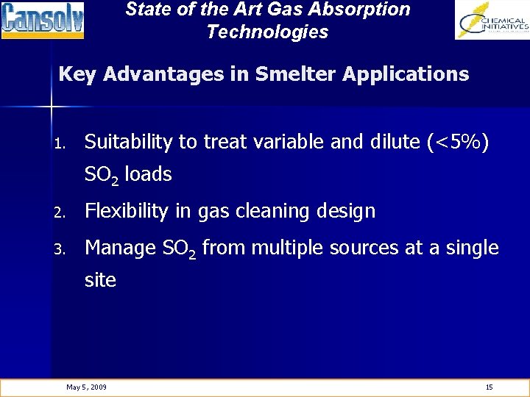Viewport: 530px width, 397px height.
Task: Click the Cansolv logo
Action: click(43, 20)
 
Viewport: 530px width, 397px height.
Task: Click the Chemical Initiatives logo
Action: click(492, 20)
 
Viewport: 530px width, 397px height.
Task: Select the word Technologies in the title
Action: click(267, 32)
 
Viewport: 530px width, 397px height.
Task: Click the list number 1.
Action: click(64, 143)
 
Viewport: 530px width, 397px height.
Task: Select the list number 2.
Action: click(64, 212)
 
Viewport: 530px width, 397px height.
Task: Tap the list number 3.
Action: click(64, 249)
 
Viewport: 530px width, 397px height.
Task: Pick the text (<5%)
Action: click(457, 141)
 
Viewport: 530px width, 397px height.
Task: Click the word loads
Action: click(149, 174)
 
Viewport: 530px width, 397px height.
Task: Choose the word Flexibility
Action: click(126, 211)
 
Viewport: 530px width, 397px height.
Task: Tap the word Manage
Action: click(119, 248)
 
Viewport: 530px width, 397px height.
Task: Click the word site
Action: click(100, 280)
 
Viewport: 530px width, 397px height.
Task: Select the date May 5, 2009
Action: click(86, 387)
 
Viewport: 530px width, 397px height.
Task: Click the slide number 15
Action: click(489, 387)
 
